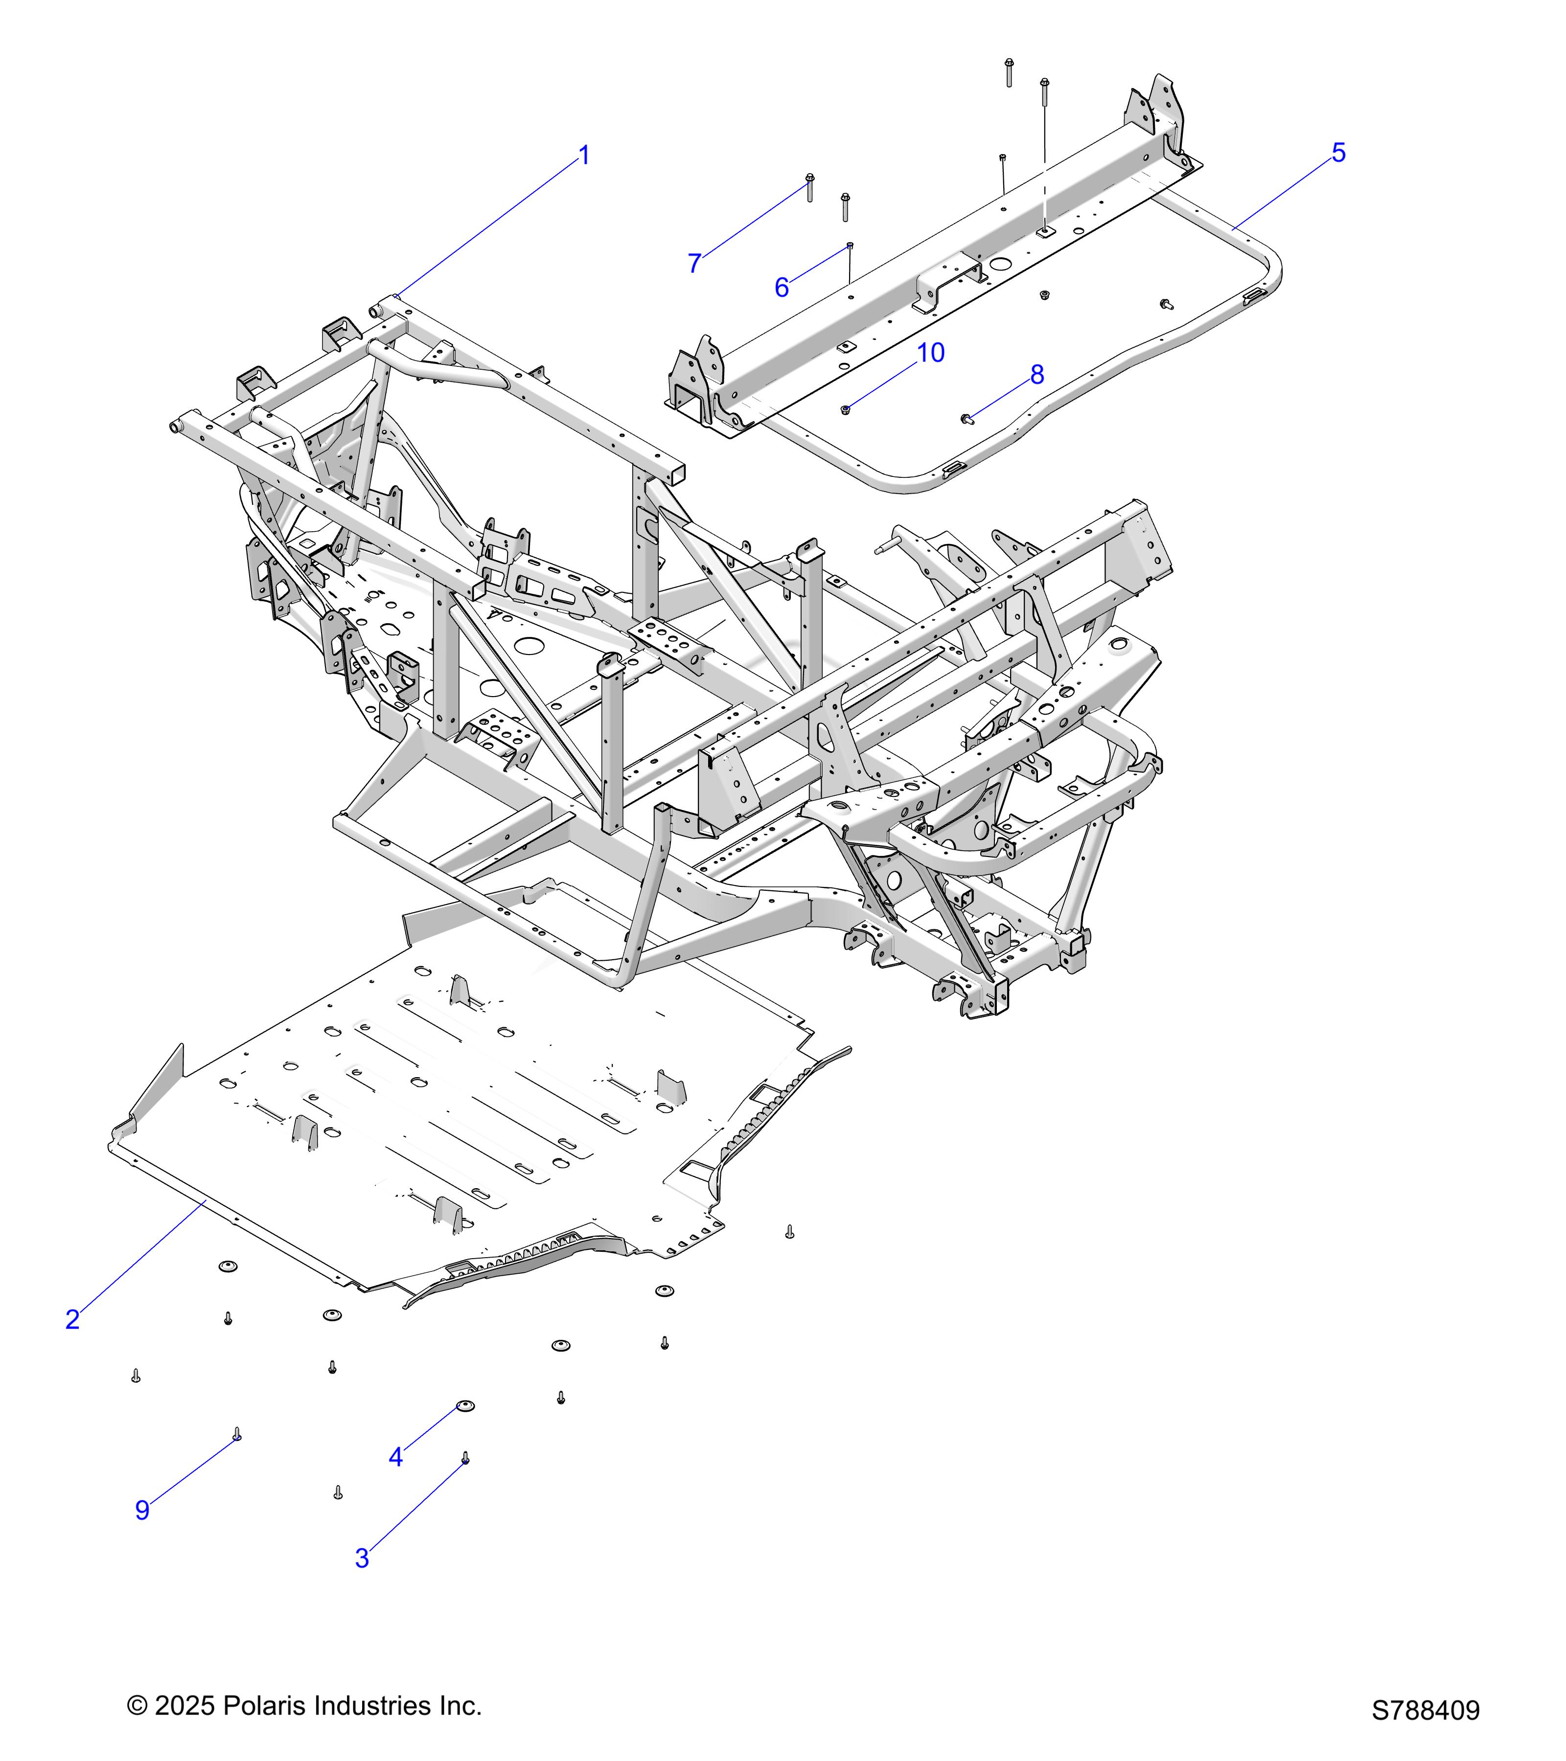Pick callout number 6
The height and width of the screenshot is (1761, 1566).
click(782, 288)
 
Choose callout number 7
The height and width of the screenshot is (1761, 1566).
click(694, 264)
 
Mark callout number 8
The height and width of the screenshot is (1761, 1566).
click(1037, 375)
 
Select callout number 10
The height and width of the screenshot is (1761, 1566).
click(931, 353)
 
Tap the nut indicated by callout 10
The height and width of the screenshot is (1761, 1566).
click(846, 409)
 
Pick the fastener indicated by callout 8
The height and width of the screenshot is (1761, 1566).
click(966, 419)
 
